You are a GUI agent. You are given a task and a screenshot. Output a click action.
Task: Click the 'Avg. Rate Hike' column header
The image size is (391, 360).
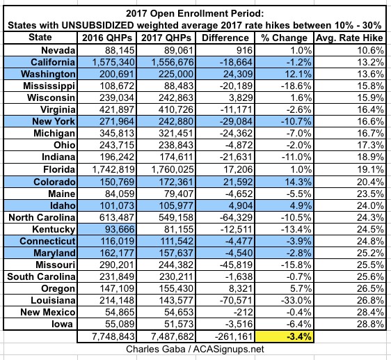coord(349,38)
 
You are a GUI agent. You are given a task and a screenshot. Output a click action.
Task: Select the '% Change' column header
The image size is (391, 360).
coord(284,38)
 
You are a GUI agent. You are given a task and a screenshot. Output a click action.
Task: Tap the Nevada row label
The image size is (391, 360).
coord(58,50)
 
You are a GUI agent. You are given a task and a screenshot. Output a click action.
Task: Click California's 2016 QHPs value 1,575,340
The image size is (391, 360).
coord(113,62)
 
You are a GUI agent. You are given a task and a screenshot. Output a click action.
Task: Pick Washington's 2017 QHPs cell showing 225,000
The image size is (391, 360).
coord(176,74)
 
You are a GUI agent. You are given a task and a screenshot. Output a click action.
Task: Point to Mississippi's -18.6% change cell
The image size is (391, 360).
coord(296,86)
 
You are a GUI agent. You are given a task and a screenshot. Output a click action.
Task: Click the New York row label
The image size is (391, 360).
coord(54,121)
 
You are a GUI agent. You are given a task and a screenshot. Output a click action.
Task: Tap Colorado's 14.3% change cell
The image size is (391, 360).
coord(298,182)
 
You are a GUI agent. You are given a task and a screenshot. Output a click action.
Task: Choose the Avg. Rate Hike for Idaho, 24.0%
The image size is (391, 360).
coord(370,205)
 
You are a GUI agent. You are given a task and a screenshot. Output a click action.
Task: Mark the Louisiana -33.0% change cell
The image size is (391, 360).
coord(296,300)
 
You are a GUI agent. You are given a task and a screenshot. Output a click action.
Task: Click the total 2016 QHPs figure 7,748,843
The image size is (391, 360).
coord(113,336)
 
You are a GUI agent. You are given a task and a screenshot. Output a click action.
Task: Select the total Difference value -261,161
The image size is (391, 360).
coord(234,336)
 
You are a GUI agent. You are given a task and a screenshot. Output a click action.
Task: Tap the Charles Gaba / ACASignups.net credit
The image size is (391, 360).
coord(195,349)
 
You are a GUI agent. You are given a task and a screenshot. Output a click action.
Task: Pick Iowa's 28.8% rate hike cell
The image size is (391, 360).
coord(370,324)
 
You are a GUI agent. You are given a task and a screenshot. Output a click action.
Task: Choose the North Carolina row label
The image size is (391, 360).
coord(42,217)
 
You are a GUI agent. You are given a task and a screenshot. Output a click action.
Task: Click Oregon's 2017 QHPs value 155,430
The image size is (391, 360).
coord(176,288)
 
